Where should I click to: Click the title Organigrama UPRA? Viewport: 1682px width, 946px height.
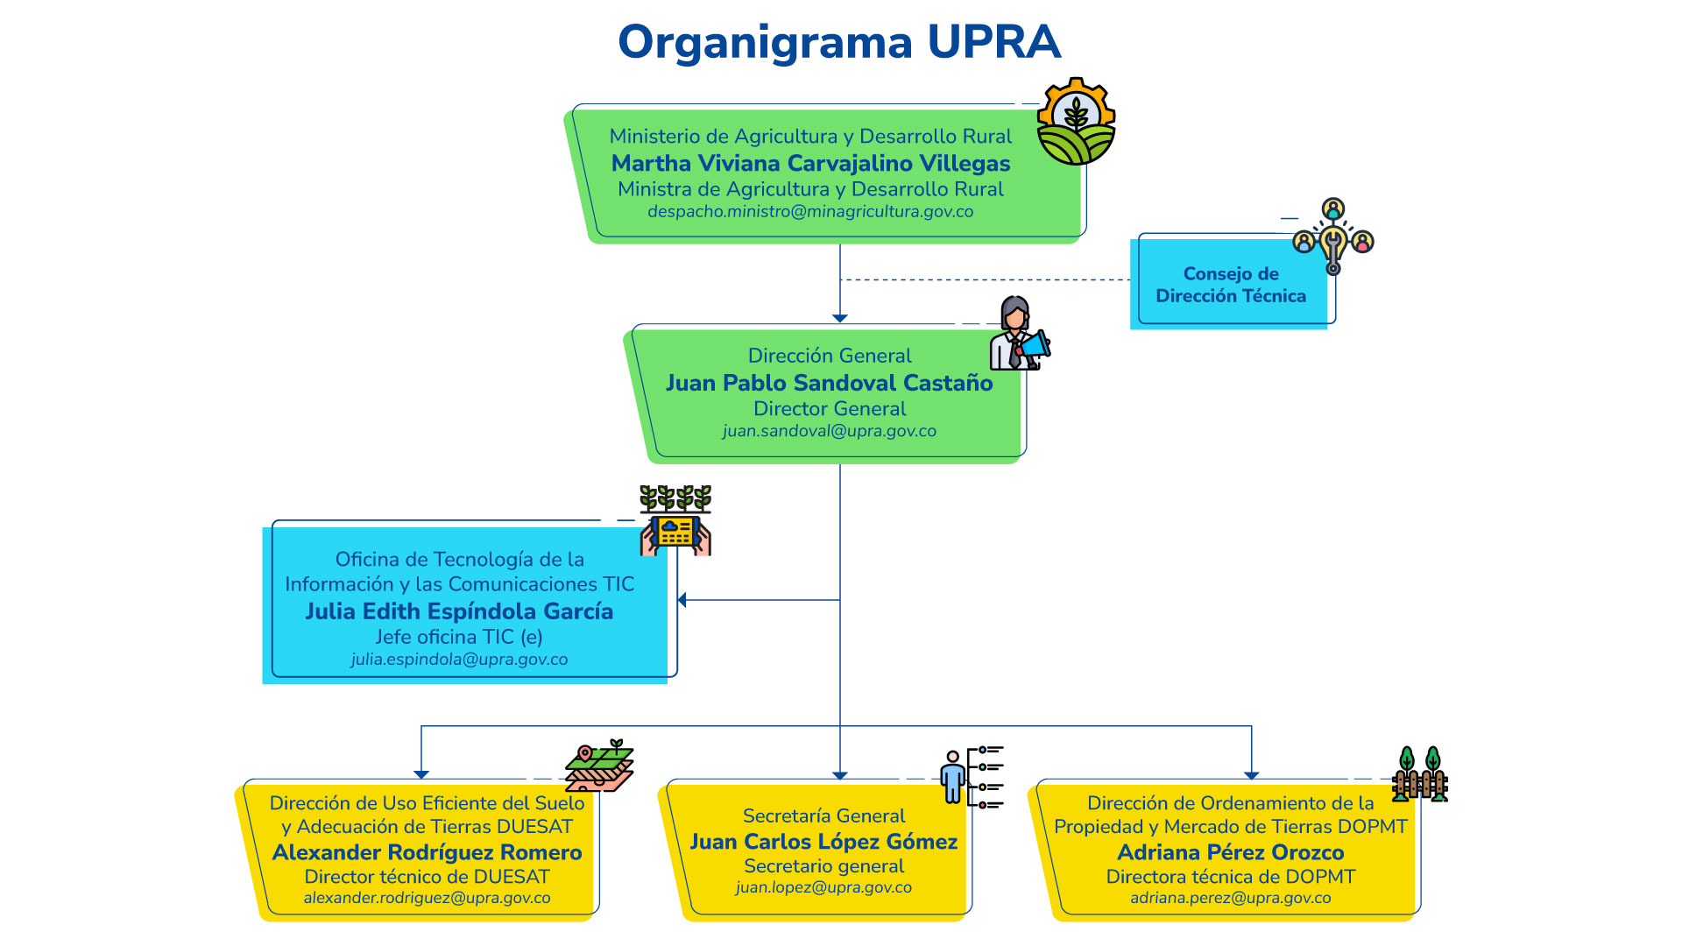click(839, 42)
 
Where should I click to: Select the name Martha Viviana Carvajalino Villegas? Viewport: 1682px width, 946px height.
click(810, 164)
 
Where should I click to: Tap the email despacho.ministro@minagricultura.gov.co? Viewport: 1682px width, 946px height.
click(810, 212)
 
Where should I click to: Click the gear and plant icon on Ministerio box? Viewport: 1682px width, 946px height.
click(1076, 122)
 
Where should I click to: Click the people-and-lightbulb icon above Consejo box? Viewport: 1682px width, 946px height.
click(1333, 235)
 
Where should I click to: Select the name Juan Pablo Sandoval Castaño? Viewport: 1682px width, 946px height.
click(829, 383)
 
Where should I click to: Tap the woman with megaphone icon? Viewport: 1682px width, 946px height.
click(1019, 335)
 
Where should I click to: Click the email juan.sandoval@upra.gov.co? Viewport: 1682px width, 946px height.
click(829, 431)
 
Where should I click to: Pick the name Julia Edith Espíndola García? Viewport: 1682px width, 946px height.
click(459, 611)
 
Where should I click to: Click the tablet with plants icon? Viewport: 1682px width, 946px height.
click(675, 521)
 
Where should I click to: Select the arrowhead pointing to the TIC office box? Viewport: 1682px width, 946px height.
click(682, 600)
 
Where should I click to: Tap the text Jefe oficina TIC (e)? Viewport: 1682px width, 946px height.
click(459, 637)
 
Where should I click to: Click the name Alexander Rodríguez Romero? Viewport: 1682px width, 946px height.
click(427, 852)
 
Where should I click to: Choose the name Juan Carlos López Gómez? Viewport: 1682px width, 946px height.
click(823, 842)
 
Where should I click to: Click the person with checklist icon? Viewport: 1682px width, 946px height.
click(972, 776)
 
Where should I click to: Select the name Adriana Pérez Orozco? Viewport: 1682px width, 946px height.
click(1230, 852)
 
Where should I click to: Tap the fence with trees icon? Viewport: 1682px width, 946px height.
click(1419, 774)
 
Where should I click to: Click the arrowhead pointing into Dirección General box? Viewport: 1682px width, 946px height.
click(840, 318)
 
